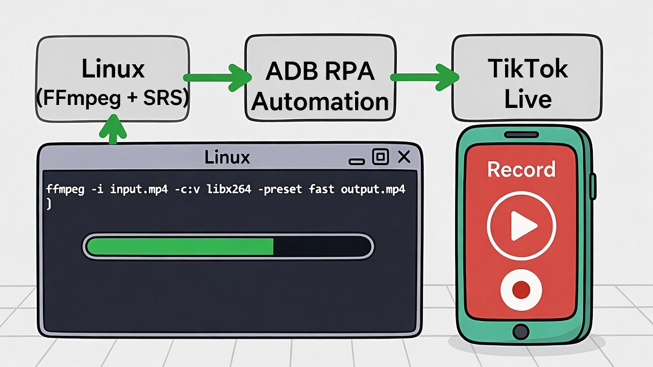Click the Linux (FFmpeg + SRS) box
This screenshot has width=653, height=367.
pyautogui.click(x=112, y=79)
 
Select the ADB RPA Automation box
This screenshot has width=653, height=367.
pyautogui.click(x=320, y=79)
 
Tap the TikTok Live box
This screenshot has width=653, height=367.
pyautogui.click(x=527, y=79)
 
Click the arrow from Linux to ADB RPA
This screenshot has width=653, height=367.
pyautogui.click(x=217, y=78)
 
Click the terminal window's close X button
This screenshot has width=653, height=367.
pyautogui.click(x=404, y=158)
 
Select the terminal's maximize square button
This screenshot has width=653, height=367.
pyautogui.click(x=381, y=158)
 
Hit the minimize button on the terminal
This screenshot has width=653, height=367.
pyautogui.click(x=357, y=161)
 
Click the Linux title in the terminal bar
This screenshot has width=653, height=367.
pyautogui.click(x=227, y=158)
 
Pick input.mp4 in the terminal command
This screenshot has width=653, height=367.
pyautogui.click(x=139, y=190)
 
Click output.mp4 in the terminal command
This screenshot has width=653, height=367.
pyautogui.click(x=373, y=190)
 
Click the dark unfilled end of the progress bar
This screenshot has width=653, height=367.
pyautogui.click(x=321, y=247)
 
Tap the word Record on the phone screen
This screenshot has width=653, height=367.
pyautogui.click(x=521, y=170)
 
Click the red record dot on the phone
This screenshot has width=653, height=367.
pyautogui.click(x=521, y=290)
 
